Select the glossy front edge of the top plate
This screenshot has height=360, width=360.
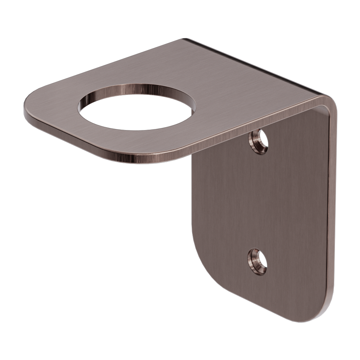pos(100,147)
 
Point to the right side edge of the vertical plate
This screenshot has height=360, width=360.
pos(333,207)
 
